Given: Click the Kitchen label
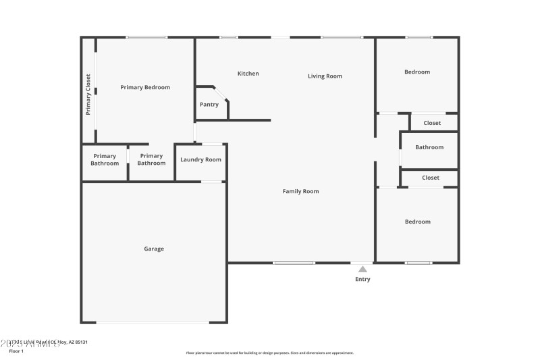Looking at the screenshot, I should click(x=248, y=74).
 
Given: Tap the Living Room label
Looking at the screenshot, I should click(x=325, y=76).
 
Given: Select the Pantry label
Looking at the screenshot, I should click(x=209, y=105).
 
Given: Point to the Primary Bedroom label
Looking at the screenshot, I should click(x=145, y=87).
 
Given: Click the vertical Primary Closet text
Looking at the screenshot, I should click(x=88, y=95).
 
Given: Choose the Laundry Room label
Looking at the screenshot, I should click(x=200, y=159).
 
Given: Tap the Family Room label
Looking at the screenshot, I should click(x=300, y=192).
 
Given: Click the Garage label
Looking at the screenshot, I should click(x=153, y=249).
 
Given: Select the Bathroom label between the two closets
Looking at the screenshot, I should click(x=429, y=147).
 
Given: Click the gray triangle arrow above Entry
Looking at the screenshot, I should click(x=362, y=269).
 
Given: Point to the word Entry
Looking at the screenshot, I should click(x=362, y=279).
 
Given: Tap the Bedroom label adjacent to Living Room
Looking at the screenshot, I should click(x=417, y=72).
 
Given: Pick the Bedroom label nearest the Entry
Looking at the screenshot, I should click(x=417, y=222).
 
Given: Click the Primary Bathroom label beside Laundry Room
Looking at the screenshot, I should click(x=151, y=159).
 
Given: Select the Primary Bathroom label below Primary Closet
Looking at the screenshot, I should click(x=105, y=159).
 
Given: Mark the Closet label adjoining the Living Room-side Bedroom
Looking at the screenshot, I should click(x=432, y=123).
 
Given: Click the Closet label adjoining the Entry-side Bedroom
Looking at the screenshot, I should click(x=431, y=178).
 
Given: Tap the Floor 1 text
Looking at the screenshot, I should click(x=16, y=351).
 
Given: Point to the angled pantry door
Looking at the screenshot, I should click(x=221, y=93).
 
